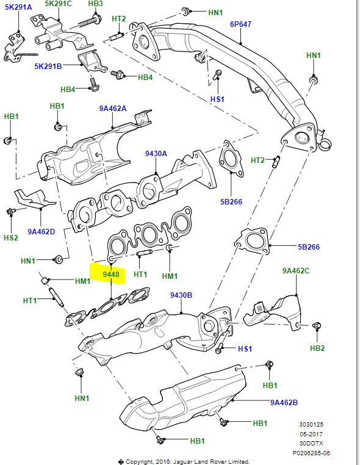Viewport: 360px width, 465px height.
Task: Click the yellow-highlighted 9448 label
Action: [111, 275]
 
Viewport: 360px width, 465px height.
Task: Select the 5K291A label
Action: [18, 7]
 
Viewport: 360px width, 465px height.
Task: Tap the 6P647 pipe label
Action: [240, 24]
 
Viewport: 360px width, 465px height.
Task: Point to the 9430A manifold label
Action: [156, 153]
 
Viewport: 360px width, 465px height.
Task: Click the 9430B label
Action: [181, 295]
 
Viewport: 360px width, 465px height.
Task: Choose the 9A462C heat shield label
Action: [296, 270]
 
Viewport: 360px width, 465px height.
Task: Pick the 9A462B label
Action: [284, 402]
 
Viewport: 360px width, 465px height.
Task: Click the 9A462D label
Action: [41, 231]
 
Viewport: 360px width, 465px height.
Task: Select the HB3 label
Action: [95, 4]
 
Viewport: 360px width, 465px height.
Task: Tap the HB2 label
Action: [317, 348]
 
